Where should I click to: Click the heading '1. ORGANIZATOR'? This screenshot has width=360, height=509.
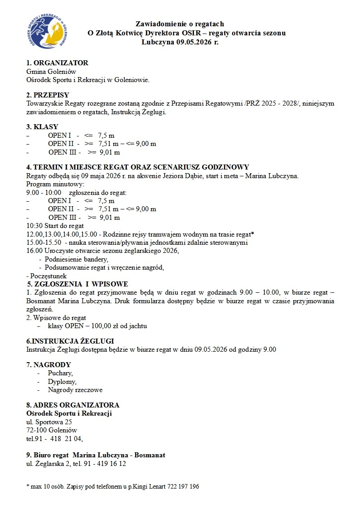pyautogui.click(x=57, y=63)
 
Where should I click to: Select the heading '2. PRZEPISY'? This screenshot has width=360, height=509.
pyautogui.click(x=48, y=95)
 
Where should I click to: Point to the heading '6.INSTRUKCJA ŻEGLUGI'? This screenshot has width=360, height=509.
pyautogui.click(x=70, y=341)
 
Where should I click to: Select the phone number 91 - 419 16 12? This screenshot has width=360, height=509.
pyautogui.click(x=105, y=464)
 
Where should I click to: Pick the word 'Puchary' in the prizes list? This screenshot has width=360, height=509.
pyautogui.click(x=60, y=373)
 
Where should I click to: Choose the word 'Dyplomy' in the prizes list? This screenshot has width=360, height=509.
pyautogui.click(x=62, y=382)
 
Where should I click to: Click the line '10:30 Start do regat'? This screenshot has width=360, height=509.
pyautogui.click(x=55, y=226)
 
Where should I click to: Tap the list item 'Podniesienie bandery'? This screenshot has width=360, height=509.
pyautogui.click(x=76, y=259)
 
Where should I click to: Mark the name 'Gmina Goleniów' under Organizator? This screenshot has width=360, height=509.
pyautogui.click(x=51, y=72)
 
